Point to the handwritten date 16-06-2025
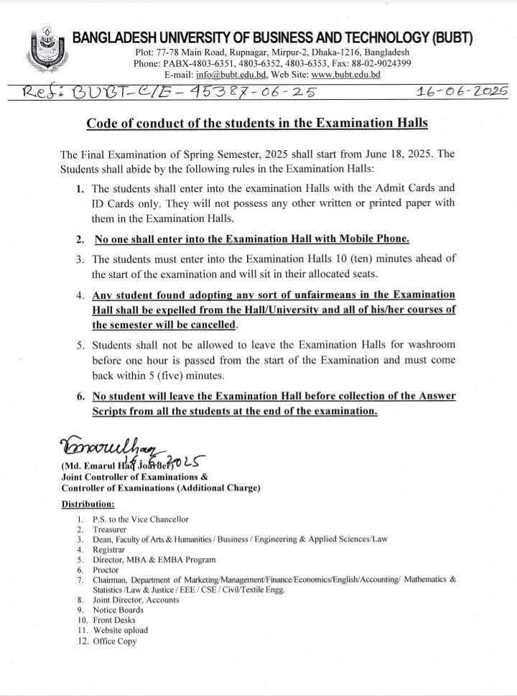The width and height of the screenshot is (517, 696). [462, 92]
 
